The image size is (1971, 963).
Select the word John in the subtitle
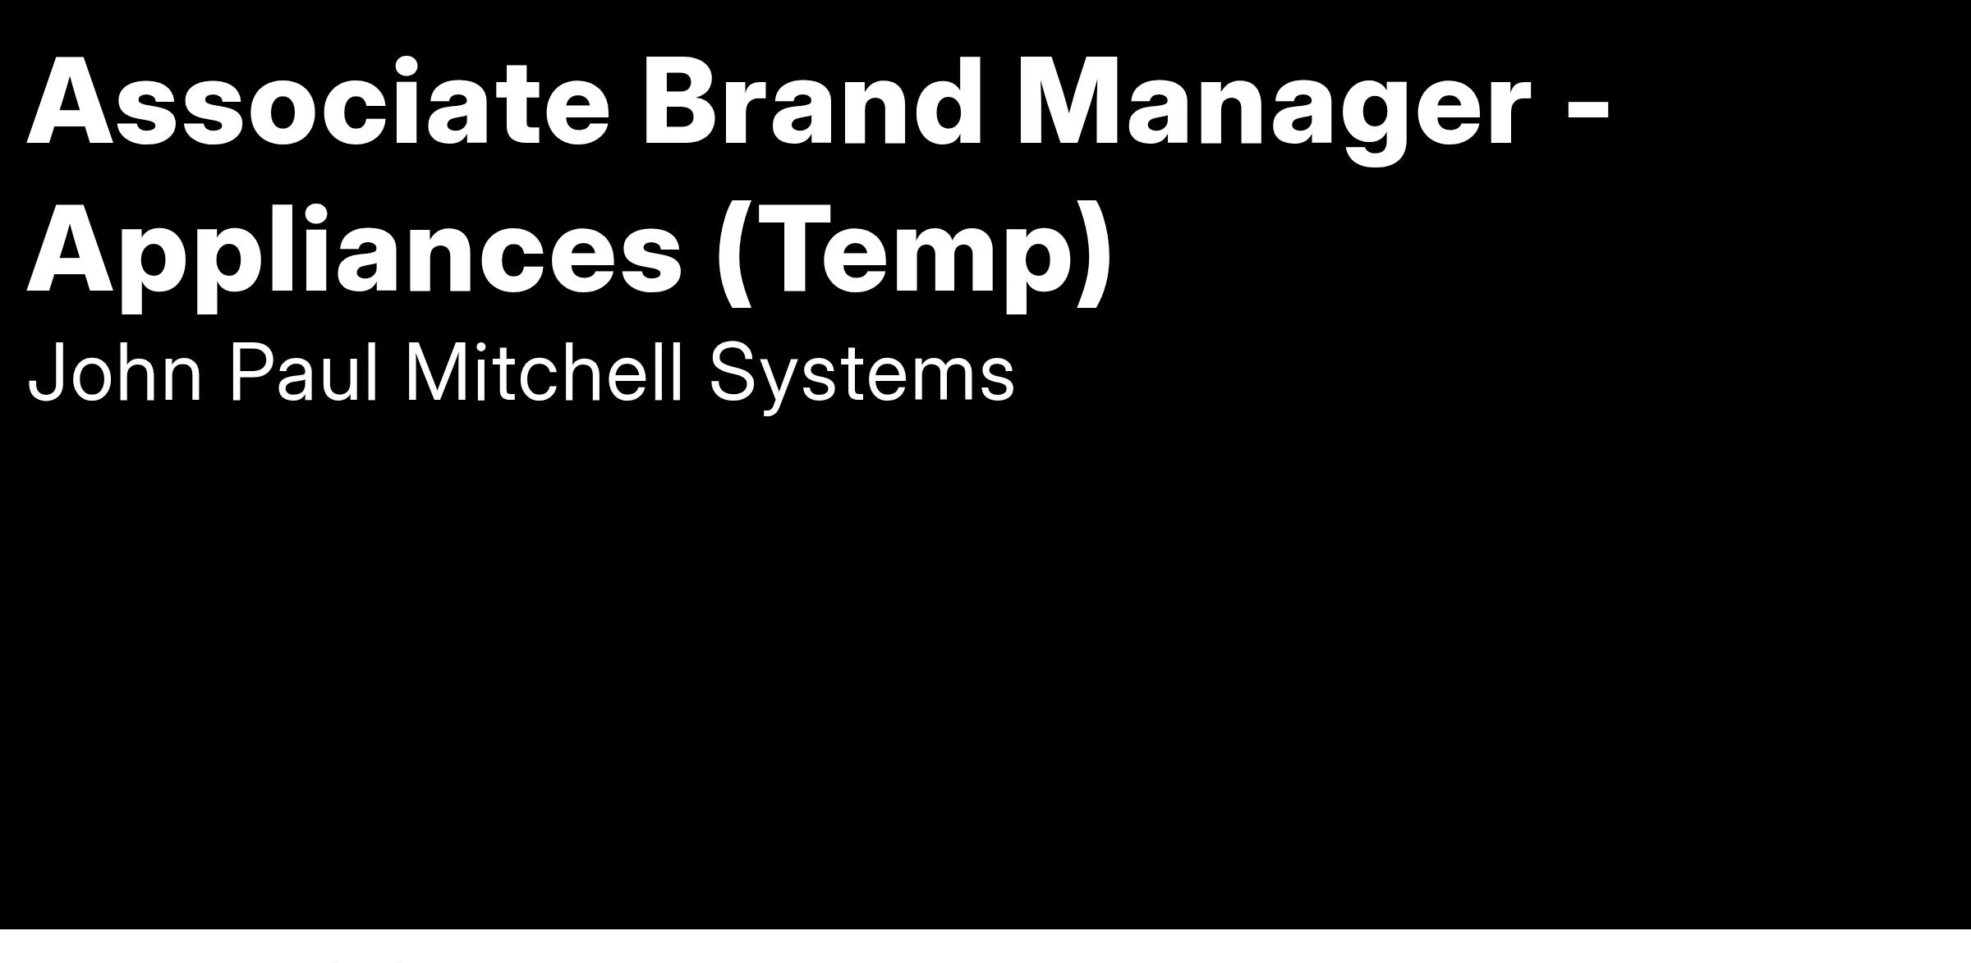coord(115,373)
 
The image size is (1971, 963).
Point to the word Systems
coord(862,378)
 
